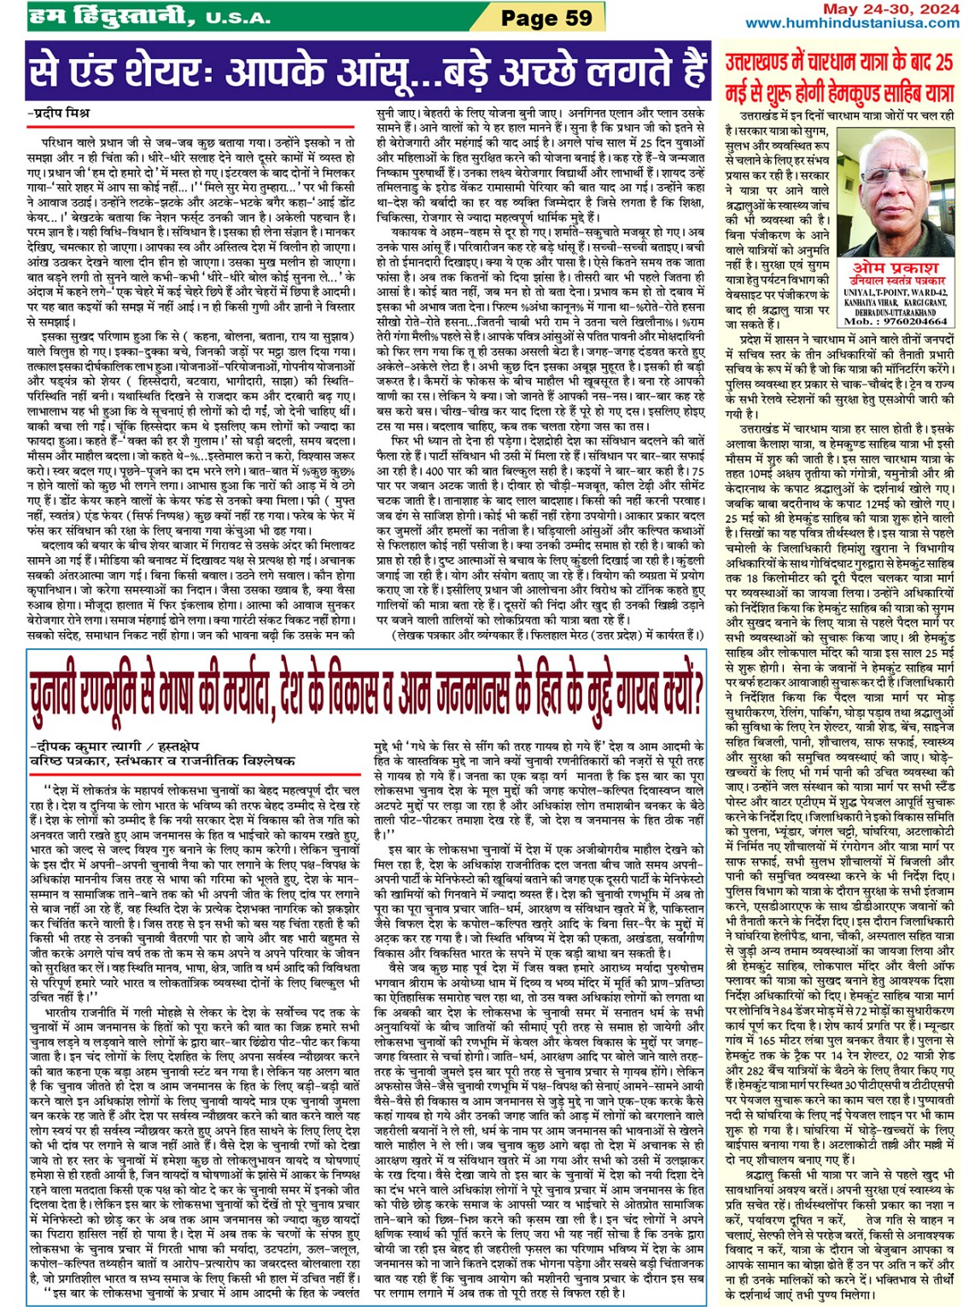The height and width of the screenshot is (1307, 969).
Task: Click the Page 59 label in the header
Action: [546, 16]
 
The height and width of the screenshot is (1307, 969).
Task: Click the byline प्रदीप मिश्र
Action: [61, 113]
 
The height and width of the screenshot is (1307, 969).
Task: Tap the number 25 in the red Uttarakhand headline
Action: [943, 62]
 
